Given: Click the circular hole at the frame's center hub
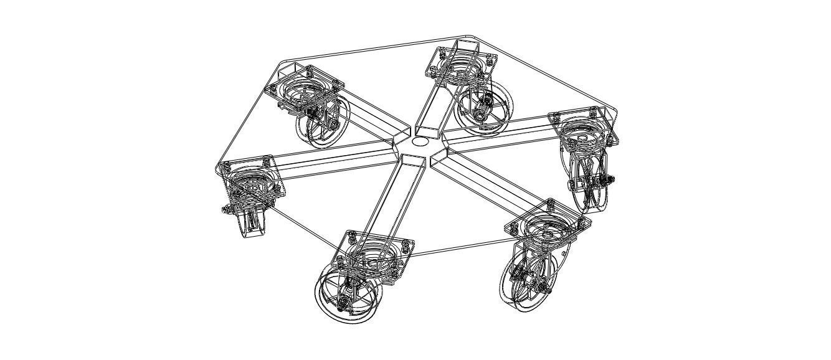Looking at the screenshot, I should (x=420, y=141).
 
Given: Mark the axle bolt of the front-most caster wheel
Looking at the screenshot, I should (x=342, y=305).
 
